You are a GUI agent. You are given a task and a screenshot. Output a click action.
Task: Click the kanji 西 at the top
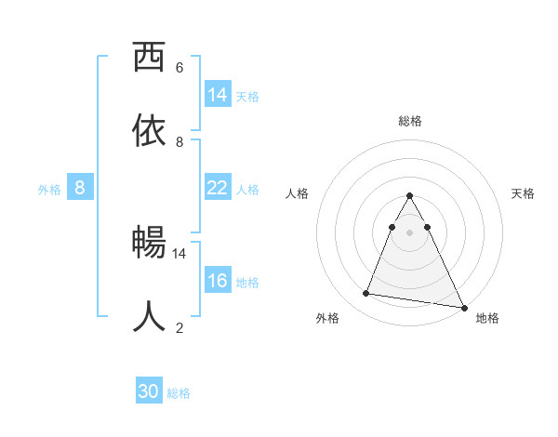coord(150,58)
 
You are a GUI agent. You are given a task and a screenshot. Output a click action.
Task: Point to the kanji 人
coord(150,317)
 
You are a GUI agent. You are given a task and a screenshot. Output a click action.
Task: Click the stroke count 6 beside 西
coord(179,67)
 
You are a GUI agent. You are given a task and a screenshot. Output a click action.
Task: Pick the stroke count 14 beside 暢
coord(179,253)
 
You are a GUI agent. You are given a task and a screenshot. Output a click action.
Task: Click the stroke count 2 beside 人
coord(179,327)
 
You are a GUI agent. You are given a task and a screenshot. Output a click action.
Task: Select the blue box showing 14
coord(218,94)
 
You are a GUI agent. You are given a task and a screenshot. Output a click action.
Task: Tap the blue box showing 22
coord(218,188)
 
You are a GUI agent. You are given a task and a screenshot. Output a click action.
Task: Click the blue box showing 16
coord(218,281)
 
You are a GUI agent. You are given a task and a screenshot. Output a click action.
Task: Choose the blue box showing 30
coord(149,391)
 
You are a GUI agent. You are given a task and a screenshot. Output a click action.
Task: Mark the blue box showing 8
coord(80,188)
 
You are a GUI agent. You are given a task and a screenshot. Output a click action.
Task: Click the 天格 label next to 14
coord(247,96)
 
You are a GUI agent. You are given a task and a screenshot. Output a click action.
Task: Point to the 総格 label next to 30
coord(179,393)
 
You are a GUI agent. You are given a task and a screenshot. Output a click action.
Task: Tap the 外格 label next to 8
coord(49,190)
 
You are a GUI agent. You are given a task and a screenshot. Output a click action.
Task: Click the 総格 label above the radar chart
coord(410,121)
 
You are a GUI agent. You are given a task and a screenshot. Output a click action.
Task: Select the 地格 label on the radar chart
coord(487,318)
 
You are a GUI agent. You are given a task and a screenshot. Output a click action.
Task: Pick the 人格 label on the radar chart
coord(298,193)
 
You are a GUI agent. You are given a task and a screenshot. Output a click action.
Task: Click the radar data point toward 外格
coord(366,294)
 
